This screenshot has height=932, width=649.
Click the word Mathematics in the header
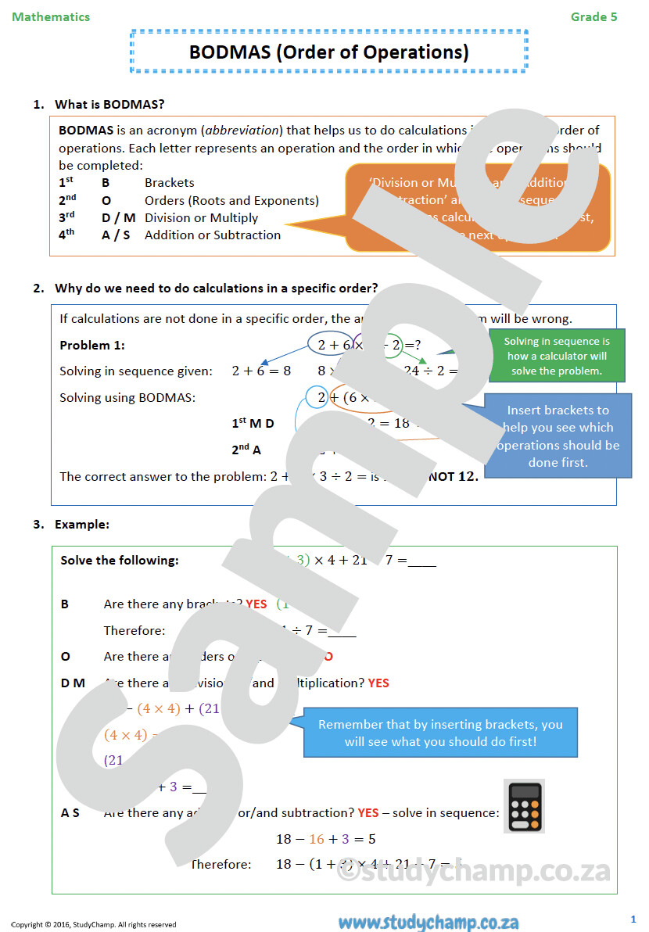pyautogui.click(x=51, y=16)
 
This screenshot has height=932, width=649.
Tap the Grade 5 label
pyautogui.click(x=593, y=16)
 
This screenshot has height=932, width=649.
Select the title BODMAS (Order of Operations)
pyautogui.click(x=329, y=52)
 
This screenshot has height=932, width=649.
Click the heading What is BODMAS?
pyautogui.click(x=109, y=104)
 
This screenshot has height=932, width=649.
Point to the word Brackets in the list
pyautogui.click(x=169, y=183)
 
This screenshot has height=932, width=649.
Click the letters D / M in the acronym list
pyautogui.click(x=118, y=218)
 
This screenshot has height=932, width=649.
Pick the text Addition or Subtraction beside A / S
pyautogui.click(x=213, y=235)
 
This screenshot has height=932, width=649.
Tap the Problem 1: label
pyautogui.click(x=92, y=346)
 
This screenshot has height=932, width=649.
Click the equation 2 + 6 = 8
pyautogui.click(x=261, y=371)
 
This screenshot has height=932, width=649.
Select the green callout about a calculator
pyautogui.click(x=557, y=356)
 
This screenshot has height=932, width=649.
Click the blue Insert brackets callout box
pyautogui.click(x=558, y=436)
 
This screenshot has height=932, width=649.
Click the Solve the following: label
pyautogui.click(x=120, y=561)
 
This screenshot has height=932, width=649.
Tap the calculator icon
pyautogui.click(x=523, y=805)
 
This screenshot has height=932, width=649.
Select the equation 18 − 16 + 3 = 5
pyautogui.click(x=325, y=839)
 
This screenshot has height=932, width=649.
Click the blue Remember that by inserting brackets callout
pyautogui.click(x=440, y=733)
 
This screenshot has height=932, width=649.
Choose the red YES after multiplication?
pyautogui.click(x=378, y=683)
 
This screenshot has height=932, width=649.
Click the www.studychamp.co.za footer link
pyautogui.click(x=428, y=923)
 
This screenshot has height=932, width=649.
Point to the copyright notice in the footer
pyautogui.click(x=94, y=925)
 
